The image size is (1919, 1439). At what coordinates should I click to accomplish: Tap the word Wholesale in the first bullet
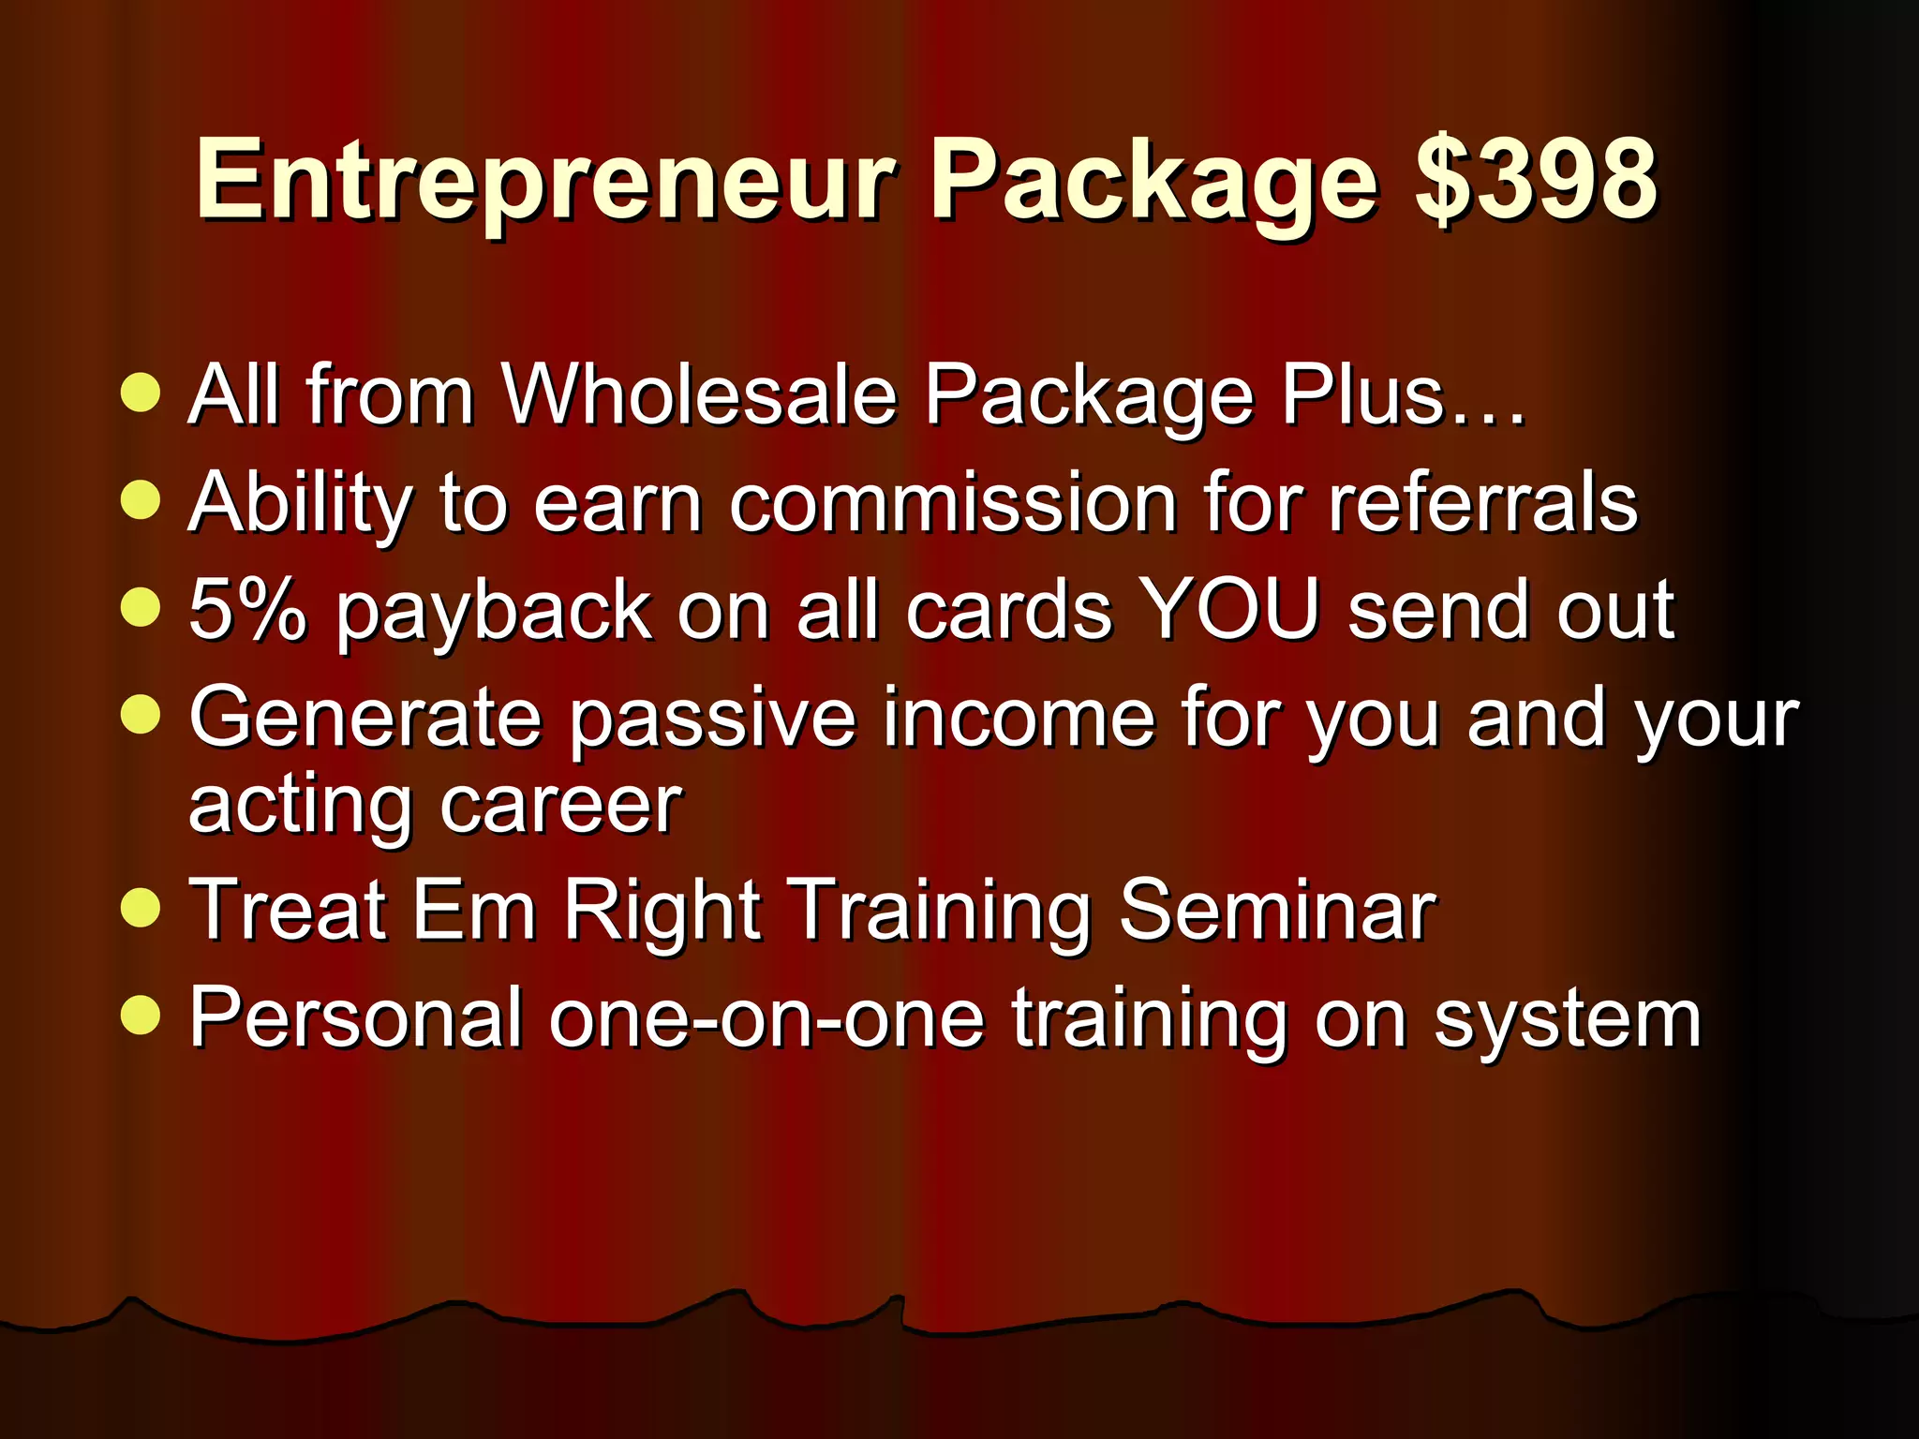coord(699,394)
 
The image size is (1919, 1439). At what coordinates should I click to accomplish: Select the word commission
coord(952,503)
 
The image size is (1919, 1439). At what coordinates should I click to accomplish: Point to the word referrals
coord(1482,503)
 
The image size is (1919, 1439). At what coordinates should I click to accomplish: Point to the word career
coord(560,806)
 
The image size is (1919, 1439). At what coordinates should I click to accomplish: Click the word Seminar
coord(1277,910)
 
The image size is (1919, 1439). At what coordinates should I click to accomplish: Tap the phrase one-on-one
coord(766,1018)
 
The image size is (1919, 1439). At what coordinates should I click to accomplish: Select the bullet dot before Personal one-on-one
coord(141,1015)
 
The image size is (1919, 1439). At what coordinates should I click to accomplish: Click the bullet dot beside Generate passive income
coord(141,715)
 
